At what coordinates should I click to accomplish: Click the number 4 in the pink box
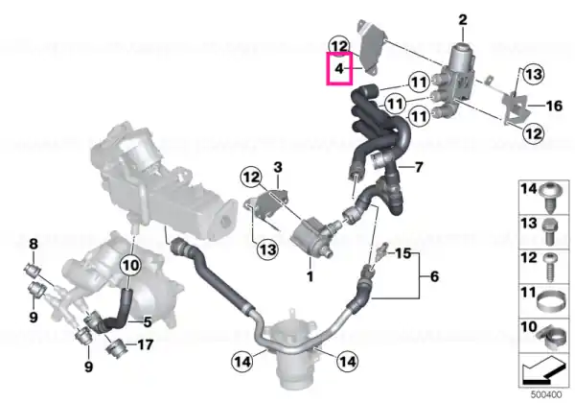pos(339,68)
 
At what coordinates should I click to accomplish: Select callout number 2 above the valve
pos(463,20)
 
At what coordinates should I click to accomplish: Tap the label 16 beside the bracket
pos(554,107)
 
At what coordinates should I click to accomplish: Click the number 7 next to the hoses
pos(418,167)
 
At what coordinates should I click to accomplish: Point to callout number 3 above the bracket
pos(278,167)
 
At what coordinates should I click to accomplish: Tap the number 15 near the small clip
pos(403,253)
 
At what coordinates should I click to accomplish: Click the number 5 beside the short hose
pos(147,322)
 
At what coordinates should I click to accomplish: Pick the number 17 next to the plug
pos(146,344)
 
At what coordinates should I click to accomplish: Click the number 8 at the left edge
pos(34,244)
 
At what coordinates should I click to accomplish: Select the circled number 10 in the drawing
pos(130,265)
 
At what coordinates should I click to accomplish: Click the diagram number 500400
pos(546,395)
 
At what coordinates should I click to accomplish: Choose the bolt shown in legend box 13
pos(549,232)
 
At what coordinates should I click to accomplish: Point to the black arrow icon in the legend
pos(542,370)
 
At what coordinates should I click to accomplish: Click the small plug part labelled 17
pos(116,346)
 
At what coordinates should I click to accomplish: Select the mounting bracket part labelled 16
pos(517,107)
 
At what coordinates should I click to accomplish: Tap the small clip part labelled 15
pos(381,249)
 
